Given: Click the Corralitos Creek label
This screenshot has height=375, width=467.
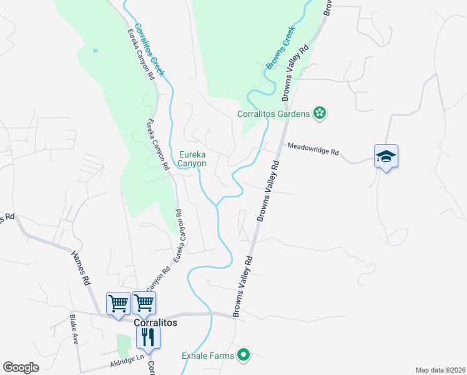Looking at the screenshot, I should coord(150,49).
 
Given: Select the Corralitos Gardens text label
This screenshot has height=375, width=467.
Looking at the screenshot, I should coord(273,114).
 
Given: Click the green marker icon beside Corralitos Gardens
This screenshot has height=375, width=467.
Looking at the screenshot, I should coord(320,113).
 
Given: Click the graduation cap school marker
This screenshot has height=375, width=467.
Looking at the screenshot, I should coord(386,156).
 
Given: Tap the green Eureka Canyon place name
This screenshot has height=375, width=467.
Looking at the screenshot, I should coord(193,159).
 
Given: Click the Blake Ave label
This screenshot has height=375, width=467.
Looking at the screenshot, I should coord(74,329).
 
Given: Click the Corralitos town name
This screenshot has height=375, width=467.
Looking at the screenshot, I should coord(156,322).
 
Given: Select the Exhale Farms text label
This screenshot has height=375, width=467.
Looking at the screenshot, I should coord(208,356).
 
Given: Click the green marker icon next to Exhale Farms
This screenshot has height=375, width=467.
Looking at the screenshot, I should coord(243,356).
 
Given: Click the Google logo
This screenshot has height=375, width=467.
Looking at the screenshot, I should coord(21,367).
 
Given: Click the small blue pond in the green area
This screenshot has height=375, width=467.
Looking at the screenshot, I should coord(95,50).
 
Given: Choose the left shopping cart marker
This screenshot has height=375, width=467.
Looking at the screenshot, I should coord(118,304).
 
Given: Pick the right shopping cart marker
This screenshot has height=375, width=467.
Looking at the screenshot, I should coord(144,304).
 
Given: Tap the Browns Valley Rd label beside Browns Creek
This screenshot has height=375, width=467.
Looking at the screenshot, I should coord(297,72).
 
